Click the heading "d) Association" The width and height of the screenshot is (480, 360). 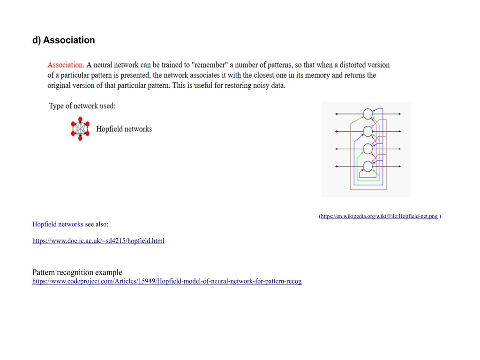(x=63, y=40)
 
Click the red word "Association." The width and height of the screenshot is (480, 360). (x=66, y=65)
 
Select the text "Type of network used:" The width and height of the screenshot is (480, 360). (x=82, y=106)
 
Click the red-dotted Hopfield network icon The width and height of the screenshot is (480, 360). (x=80, y=129)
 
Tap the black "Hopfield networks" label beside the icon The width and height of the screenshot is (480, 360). (x=124, y=129)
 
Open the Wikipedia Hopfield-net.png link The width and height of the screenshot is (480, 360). (x=379, y=216)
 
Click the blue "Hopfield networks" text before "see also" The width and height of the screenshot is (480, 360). (x=58, y=224)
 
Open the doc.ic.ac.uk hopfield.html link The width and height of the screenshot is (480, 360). (x=98, y=241)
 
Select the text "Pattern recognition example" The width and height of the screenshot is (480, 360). (x=77, y=272)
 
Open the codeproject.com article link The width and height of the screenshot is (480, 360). (x=167, y=281)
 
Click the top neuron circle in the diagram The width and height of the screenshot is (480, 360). (x=368, y=114)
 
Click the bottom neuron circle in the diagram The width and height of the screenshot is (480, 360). (x=368, y=166)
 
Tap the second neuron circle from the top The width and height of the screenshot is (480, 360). (x=368, y=131)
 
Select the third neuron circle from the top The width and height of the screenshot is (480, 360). (x=368, y=149)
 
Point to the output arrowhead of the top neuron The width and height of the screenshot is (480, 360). (x=399, y=114)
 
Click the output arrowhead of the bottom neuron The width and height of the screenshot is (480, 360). (x=399, y=166)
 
